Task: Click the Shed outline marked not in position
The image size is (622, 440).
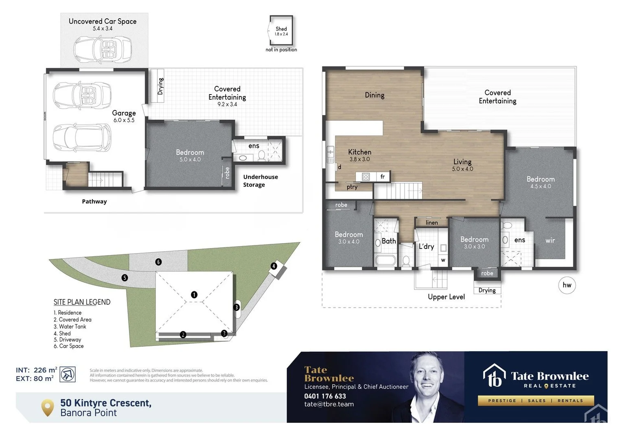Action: [x=281, y=31]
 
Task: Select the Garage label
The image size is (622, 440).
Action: [x=124, y=113]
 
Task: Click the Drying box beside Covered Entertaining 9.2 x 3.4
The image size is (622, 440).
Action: [x=160, y=86]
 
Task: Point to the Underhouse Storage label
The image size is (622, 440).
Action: [x=261, y=180]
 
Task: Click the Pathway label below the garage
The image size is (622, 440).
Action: [x=94, y=201]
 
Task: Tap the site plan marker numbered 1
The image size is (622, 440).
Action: [x=194, y=294]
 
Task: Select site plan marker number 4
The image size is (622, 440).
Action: [x=274, y=266]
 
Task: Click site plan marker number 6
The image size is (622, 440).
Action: [x=158, y=262]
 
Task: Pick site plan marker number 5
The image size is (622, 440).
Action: [x=125, y=277]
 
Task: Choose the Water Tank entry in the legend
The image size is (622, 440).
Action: [x=70, y=326]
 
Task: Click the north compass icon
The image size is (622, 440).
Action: [x=68, y=374]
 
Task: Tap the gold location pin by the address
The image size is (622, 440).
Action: [x=48, y=407]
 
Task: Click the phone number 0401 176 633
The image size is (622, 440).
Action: [x=325, y=396]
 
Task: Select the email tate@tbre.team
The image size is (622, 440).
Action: [x=329, y=404]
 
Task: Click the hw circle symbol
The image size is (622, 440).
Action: [x=567, y=285]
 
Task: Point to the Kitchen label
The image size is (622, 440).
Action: [x=359, y=152]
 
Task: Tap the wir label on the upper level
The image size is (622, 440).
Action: [x=550, y=240]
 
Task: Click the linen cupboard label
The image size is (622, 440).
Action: [x=431, y=222]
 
